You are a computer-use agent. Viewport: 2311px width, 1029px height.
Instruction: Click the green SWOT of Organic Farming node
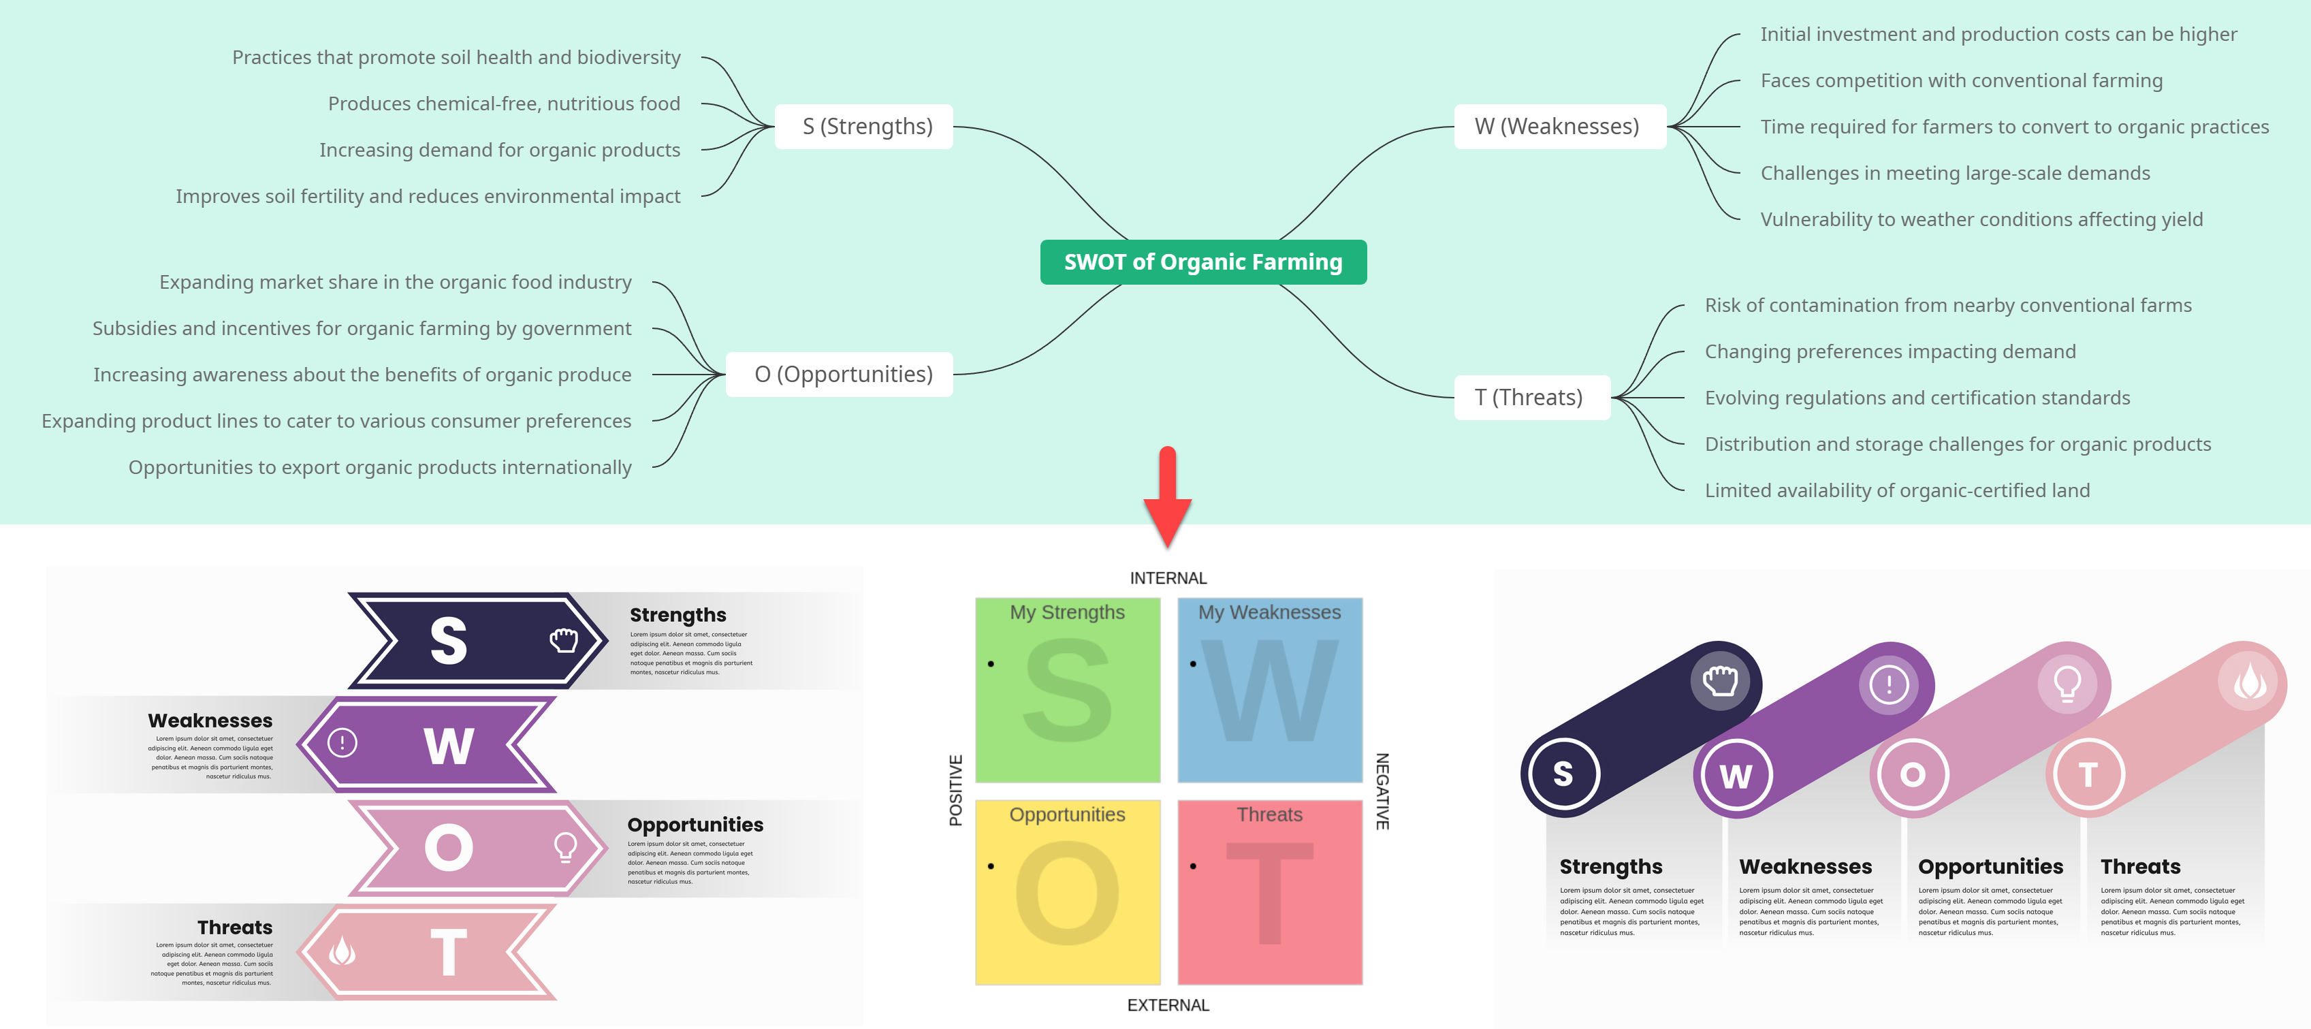click(1202, 262)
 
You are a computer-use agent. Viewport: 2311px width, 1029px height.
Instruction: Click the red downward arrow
click(1167, 498)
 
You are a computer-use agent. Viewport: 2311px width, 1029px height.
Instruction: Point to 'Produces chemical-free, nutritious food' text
click(503, 104)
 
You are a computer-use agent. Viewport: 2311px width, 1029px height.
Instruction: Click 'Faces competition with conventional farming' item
click(1960, 81)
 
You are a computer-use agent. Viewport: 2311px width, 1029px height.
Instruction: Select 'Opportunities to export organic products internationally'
click(379, 467)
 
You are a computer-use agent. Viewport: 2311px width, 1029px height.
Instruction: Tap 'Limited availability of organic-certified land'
click(1896, 491)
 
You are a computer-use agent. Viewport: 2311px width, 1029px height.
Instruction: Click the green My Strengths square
click(1067, 691)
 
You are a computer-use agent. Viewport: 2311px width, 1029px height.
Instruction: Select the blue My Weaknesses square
click(1269, 691)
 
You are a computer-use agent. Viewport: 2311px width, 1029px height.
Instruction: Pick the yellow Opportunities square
click(1067, 893)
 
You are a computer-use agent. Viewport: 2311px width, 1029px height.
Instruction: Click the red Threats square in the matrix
click(1269, 893)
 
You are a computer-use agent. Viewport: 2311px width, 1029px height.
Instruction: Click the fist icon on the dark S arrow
click(563, 641)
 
